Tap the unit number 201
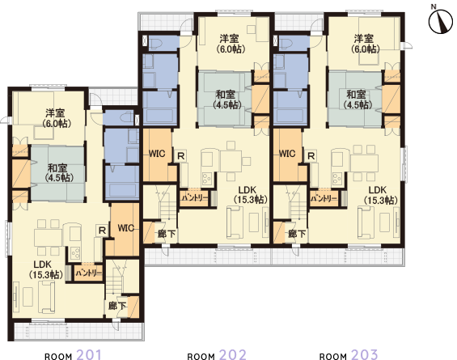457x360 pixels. click(x=88, y=354)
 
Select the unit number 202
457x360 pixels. click(x=232, y=354)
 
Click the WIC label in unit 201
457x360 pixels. click(x=125, y=227)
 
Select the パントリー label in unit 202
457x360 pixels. click(x=195, y=197)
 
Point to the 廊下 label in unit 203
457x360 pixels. click(x=297, y=235)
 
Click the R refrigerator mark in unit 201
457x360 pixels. click(x=100, y=231)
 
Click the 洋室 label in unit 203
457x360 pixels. click(x=363, y=38)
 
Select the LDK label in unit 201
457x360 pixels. click(x=43, y=264)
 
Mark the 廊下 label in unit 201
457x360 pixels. click(x=116, y=306)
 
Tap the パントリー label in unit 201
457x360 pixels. click(x=88, y=274)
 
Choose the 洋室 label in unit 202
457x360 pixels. click(x=230, y=38)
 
